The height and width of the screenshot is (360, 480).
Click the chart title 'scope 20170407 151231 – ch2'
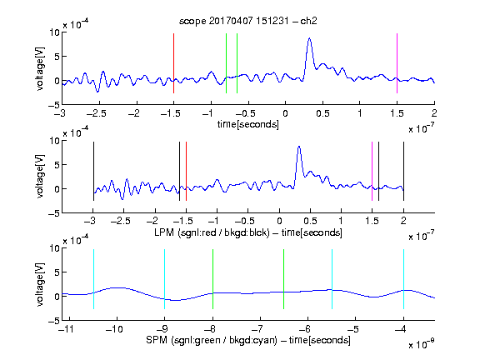pyautogui.click(x=247, y=21)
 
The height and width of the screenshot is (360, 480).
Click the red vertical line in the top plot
pyautogui.click(x=173, y=63)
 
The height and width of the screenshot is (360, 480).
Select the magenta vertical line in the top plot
pyautogui.click(x=397, y=63)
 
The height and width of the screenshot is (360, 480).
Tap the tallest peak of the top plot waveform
pyautogui.click(x=309, y=38)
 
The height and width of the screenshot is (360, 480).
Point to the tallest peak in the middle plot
pyautogui.click(x=299, y=147)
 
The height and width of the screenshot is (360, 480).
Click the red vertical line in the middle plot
pyautogui.click(x=186, y=171)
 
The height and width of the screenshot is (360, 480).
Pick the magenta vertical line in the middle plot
pyautogui.click(x=372, y=171)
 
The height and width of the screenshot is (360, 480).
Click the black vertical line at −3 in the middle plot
pyautogui.click(x=93, y=171)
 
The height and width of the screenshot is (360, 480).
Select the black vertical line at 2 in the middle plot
pyautogui.click(x=403, y=171)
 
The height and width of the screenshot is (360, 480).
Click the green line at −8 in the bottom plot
pyautogui.click(x=212, y=279)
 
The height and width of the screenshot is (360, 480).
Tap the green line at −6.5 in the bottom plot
pyautogui.click(x=284, y=279)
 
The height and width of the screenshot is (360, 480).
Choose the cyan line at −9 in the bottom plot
pyautogui.click(x=165, y=279)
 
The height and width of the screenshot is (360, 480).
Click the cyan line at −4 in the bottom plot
pyautogui.click(x=403, y=279)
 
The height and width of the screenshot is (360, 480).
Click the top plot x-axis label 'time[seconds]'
pyautogui.click(x=248, y=124)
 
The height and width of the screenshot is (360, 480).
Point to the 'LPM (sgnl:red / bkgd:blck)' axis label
pyautogui.click(x=212, y=232)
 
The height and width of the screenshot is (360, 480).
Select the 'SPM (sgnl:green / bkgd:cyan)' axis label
pyautogui.click(x=212, y=340)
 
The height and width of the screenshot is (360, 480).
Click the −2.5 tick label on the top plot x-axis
pyautogui.click(x=97, y=113)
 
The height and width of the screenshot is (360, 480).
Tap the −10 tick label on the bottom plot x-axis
pyautogui.click(x=114, y=329)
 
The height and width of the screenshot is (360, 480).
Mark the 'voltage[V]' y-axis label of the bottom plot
pyautogui.click(x=40, y=284)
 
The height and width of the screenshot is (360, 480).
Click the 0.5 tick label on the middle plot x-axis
pyautogui.click(x=310, y=221)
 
